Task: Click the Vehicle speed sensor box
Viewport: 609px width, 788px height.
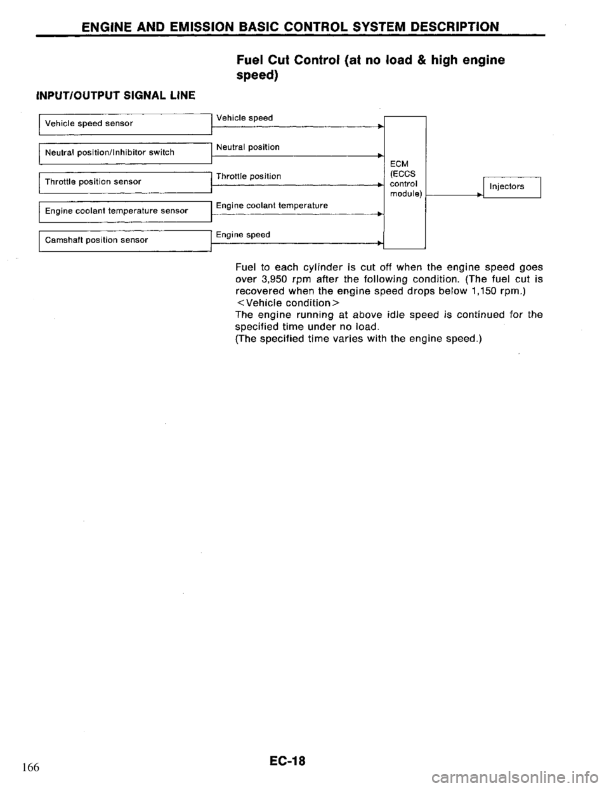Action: click(x=124, y=124)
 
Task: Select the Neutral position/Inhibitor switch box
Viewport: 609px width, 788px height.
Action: click(x=124, y=152)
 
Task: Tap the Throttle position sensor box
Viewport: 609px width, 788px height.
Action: click(x=124, y=181)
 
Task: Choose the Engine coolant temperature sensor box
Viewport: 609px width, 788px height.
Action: click(x=124, y=211)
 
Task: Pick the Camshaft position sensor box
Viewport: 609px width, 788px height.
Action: click(x=124, y=240)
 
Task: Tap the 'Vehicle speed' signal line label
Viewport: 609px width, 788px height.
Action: click(x=245, y=118)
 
